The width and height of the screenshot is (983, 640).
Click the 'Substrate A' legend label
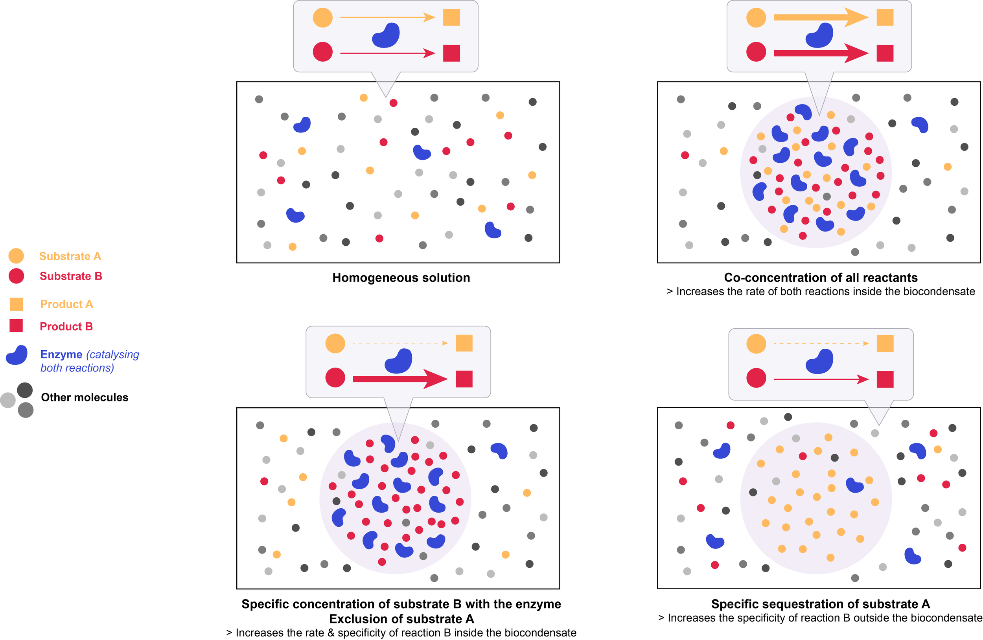[x=70, y=256]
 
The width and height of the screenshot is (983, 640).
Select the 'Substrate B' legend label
[x=71, y=276]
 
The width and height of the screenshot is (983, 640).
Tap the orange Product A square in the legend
[x=16, y=304]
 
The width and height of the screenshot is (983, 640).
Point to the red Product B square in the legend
[x=16, y=326]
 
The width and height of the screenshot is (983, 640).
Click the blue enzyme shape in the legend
[x=17, y=355]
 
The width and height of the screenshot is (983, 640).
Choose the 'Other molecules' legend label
[x=85, y=397]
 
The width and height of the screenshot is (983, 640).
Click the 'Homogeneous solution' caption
[x=401, y=278]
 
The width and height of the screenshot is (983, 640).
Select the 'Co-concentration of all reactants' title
[x=820, y=278]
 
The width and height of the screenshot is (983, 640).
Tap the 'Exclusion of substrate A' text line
[x=401, y=619]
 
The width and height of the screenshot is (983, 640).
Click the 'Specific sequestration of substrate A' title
[x=820, y=604]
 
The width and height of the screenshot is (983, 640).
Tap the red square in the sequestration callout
[x=885, y=379]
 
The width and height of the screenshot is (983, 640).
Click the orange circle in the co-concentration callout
[x=756, y=18]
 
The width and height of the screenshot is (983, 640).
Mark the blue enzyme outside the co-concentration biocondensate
[x=920, y=124]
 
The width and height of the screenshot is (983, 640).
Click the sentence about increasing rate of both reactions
[x=820, y=292]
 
